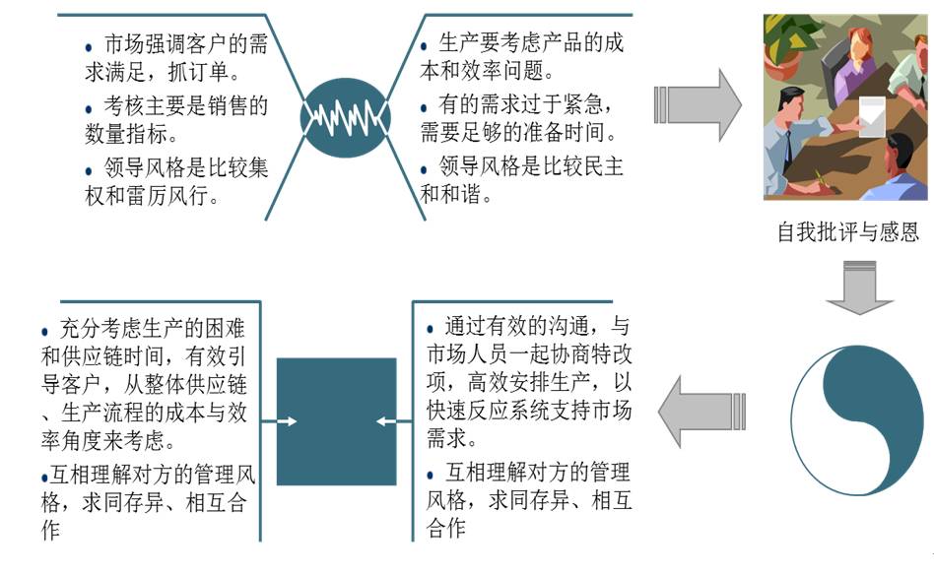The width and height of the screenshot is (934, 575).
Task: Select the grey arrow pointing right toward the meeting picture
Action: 698,104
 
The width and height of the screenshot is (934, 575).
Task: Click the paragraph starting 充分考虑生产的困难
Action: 148,382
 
